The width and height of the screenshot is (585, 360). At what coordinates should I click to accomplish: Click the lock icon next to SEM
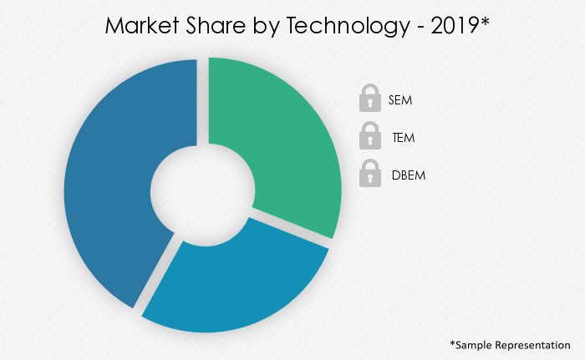point(369,100)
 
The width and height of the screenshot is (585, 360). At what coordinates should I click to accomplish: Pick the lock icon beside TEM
point(369,137)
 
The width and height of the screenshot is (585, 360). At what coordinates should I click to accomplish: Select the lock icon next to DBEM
point(369,175)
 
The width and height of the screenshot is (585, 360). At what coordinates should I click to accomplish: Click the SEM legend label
point(400,101)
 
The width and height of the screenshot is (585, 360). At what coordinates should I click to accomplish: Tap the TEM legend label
point(403,138)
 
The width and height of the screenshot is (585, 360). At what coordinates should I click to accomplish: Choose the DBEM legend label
point(407,175)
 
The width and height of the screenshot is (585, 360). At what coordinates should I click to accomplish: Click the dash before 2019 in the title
point(420,29)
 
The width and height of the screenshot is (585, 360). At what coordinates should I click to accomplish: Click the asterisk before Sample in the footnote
point(453,342)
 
